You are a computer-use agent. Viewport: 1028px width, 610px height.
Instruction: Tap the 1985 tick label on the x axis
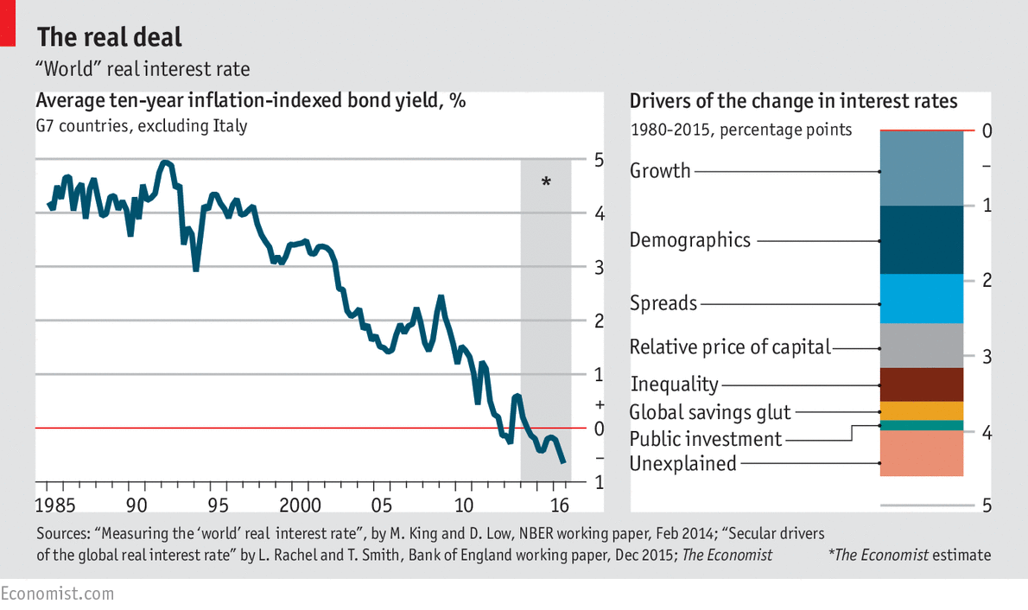(x=54, y=505)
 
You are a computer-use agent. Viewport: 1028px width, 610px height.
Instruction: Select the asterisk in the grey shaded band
(x=546, y=182)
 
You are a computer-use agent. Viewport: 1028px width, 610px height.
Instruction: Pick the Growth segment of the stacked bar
(x=921, y=168)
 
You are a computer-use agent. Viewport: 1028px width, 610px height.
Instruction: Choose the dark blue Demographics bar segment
(x=921, y=239)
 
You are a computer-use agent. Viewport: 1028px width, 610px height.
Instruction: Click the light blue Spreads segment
(x=921, y=298)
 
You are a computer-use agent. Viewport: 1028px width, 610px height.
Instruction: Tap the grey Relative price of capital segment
(x=921, y=345)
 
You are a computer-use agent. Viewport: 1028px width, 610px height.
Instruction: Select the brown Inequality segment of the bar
(x=921, y=384)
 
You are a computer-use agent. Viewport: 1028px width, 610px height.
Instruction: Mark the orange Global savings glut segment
(x=921, y=410)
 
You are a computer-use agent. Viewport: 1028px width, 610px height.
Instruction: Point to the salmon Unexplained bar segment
(x=921, y=453)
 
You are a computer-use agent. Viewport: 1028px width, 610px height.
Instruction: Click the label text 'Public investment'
(x=705, y=439)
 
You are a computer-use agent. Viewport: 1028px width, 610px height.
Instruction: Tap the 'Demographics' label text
(x=689, y=240)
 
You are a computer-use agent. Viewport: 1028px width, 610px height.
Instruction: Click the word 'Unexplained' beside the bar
(x=682, y=464)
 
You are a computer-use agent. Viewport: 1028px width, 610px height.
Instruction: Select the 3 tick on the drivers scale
(x=987, y=356)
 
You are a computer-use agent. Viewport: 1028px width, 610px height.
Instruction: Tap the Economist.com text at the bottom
(x=57, y=594)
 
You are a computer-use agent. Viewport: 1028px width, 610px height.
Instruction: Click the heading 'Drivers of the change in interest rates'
(x=793, y=101)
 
